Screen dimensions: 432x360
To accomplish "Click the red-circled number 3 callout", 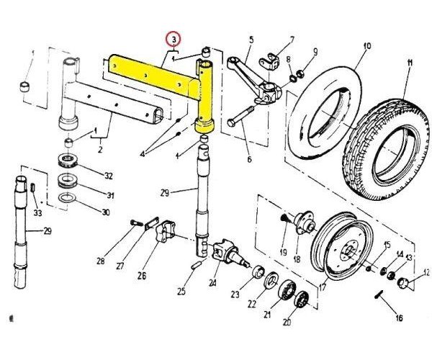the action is click(174, 40).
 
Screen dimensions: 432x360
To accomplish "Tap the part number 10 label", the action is click(367, 46).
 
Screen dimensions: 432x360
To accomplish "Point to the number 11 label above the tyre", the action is click(409, 63).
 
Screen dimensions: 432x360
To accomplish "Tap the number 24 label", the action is click(212, 282).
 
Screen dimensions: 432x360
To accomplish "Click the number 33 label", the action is click(37, 212).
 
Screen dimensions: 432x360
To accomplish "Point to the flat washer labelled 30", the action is click(68, 197).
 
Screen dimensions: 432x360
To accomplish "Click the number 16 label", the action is click(399, 318).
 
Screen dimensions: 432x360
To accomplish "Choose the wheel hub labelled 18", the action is click(304, 224).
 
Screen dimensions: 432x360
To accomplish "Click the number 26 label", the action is click(142, 276).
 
